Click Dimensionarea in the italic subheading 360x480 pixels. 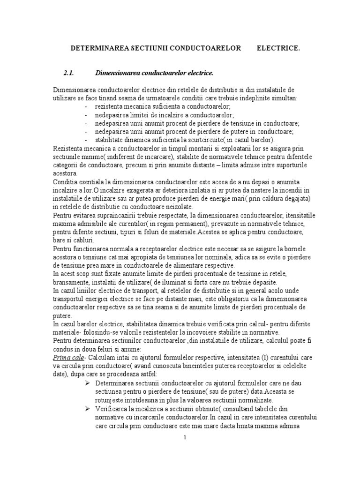pos(117,73)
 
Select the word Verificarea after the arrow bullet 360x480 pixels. pos(113,408)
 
